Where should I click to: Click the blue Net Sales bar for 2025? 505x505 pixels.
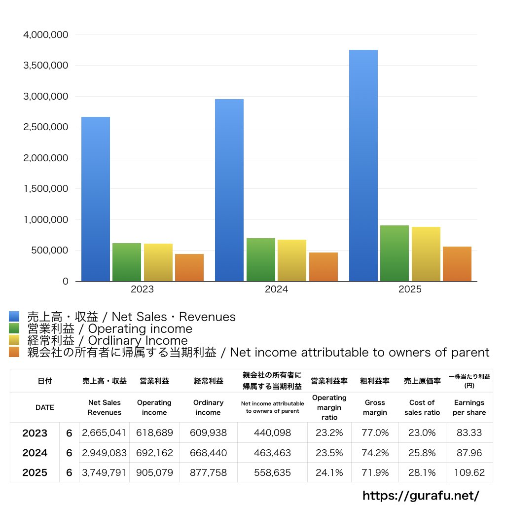tap(363, 165)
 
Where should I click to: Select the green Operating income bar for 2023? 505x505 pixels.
tap(127, 262)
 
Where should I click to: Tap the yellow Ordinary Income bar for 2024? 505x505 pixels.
tap(292, 260)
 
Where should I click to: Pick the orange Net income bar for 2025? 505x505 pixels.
tap(457, 264)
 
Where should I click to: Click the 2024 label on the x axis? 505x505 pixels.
tap(276, 289)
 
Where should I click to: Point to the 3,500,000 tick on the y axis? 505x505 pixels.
tap(46, 66)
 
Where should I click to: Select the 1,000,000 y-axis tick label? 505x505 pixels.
tap(46, 219)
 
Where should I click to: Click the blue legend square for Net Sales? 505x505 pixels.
tap(14, 317)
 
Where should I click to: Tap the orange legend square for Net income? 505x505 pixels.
tap(14, 352)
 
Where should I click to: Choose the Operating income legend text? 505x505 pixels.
tap(109, 328)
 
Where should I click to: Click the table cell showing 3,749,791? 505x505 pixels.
tap(104, 472)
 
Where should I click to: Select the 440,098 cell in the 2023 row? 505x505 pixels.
tap(272, 433)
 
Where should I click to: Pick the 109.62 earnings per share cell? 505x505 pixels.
tap(469, 472)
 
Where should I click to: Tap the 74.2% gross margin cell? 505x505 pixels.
tap(375, 453)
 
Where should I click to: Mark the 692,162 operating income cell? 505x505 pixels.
tap(154, 453)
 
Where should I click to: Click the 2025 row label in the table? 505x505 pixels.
tap(35, 472)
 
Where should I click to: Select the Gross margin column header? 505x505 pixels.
tap(375, 407)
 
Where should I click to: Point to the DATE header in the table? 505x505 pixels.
tap(44, 407)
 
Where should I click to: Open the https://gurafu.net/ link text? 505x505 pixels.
tap(421, 495)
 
